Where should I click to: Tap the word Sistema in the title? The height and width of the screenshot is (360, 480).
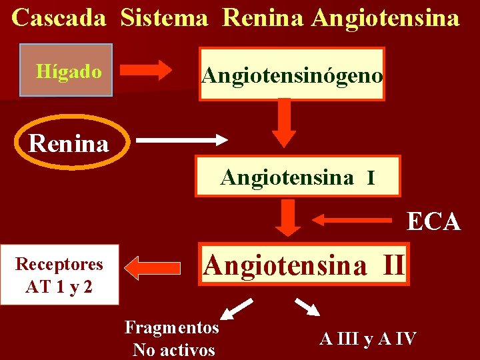tap(164, 17)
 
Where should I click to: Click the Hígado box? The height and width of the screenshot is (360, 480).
tap(66, 71)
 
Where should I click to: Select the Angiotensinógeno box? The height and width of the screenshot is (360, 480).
tap(292, 74)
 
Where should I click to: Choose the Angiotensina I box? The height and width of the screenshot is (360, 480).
tap(297, 177)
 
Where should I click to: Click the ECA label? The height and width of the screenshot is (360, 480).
tap(433, 222)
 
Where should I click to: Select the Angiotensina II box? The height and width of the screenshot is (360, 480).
tap(305, 265)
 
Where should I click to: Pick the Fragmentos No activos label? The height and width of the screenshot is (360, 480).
tap(173, 339)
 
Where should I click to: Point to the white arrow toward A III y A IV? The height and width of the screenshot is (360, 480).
tap(307, 308)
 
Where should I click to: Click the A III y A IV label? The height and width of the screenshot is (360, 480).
tap(367, 339)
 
